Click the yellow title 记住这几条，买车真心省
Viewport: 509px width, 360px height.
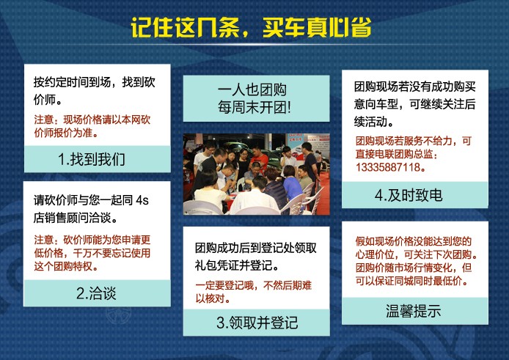(x=251, y=27)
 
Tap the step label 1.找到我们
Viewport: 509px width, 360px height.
(x=92, y=159)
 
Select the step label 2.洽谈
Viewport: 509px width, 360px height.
(x=96, y=293)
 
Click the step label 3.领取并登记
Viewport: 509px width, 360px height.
(x=257, y=323)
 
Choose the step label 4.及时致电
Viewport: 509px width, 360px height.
(x=409, y=195)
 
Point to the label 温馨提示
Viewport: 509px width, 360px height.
(x=413, y=311)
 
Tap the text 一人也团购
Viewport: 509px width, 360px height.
(x=252, y=89)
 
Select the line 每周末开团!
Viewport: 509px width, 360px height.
(x=254, y=107)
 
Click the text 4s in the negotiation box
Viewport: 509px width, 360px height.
(x=142, y=200)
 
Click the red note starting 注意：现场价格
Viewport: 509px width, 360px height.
(x=92, y=126)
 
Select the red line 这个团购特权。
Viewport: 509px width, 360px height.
(x=66, y=266)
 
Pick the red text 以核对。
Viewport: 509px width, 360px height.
(x=213, y=298)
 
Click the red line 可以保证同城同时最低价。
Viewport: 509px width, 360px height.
(x=412, y=281)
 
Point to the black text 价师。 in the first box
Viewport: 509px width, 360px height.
(x=48, y=100)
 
